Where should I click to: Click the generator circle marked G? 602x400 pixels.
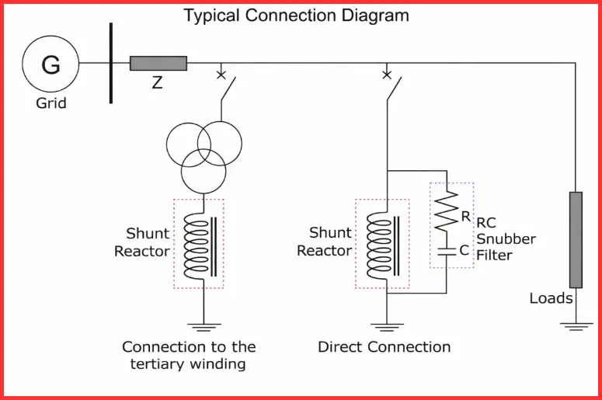pos(50,64)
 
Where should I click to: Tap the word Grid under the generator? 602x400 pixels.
pos(51,103)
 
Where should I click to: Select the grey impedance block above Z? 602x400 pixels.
pos(158,63)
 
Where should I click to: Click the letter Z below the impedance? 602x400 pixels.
pos(157,82)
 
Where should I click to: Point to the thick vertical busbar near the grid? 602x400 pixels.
pos(111,63)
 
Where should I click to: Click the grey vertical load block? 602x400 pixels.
pos(576,240)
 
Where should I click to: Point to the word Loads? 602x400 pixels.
pos(552,298)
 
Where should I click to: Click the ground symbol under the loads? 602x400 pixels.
pos(576,326)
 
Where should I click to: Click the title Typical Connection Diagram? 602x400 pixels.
pos(296,15)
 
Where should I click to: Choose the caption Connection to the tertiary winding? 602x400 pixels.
pos(189,355)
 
